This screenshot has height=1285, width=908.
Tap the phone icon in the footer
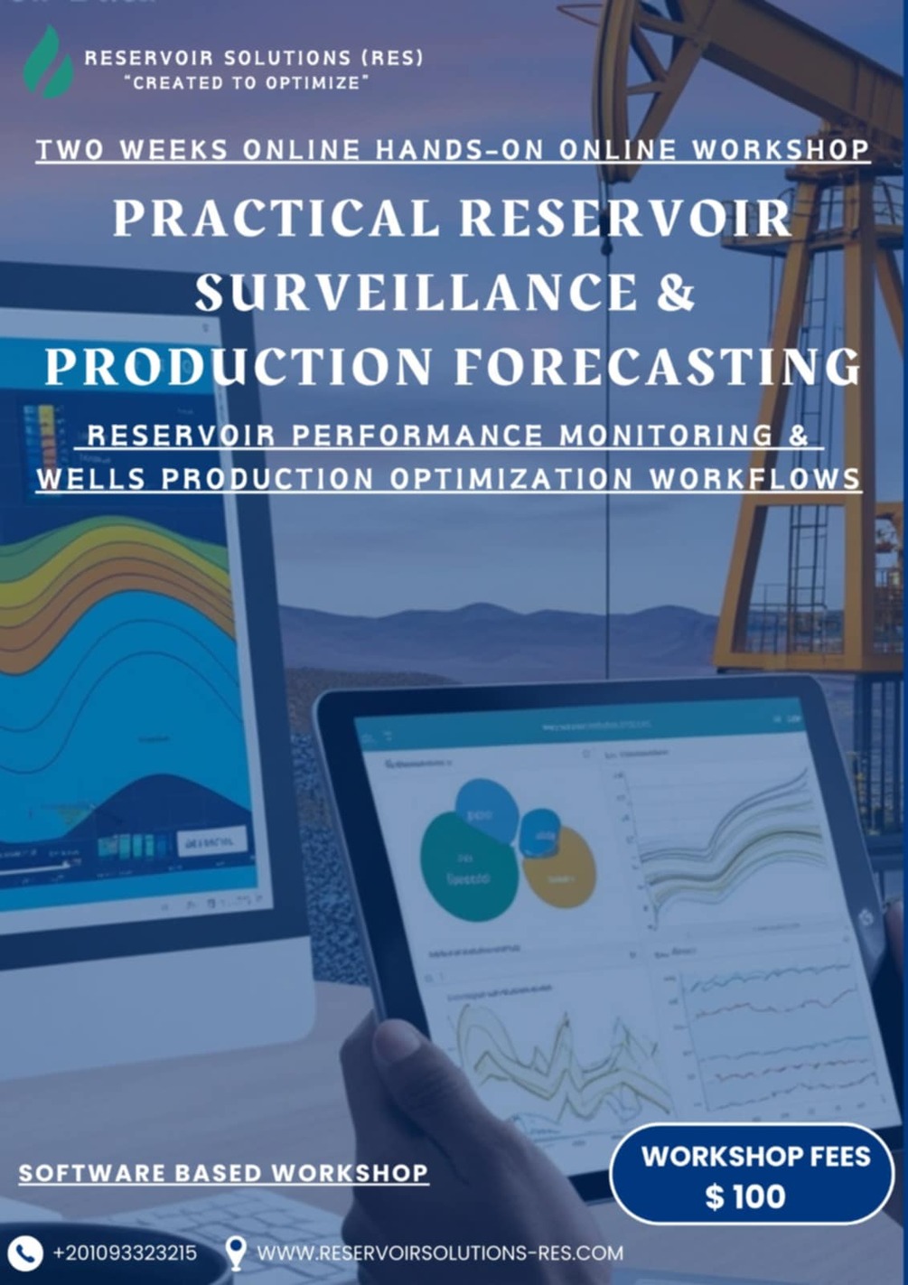[24, 1253]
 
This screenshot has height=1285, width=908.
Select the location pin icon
[236, 1253]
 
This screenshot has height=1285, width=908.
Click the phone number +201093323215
[125, 1253]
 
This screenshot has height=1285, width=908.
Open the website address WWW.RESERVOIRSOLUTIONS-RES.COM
[440, 1253]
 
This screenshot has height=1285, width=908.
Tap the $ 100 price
[745, 1197]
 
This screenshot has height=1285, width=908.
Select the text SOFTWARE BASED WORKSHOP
[223, 1173]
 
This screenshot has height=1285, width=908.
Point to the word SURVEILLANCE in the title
[417, 293]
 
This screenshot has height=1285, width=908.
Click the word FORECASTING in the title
[657, 366]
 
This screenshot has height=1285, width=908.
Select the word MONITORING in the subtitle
[667, 436]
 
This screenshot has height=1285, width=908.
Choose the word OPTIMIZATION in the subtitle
[512, 478]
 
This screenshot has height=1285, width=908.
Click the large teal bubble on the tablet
[467, 866]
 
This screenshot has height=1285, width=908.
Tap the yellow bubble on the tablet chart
[560, 868]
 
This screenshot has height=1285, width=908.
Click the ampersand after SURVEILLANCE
[676, 293]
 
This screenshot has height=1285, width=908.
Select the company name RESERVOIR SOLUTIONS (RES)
[254, 58]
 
